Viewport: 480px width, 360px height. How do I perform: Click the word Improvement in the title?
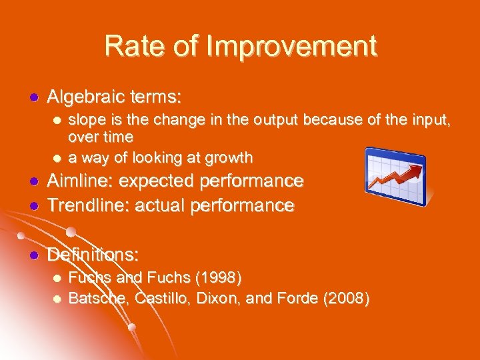click(x=293, y=46)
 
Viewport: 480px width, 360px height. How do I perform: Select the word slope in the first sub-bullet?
click(x=86, y=120)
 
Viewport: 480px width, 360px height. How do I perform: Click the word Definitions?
click(x=93, y=255)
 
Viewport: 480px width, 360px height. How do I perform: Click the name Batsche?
click(x=99, y=297)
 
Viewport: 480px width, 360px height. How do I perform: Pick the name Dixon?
click(x=218, y=297)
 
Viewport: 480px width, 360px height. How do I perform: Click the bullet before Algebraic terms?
click(x=31, y=98)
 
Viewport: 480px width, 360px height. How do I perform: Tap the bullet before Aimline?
click(x=31, y=182)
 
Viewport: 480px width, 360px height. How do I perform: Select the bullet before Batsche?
click(x=57, y=298)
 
